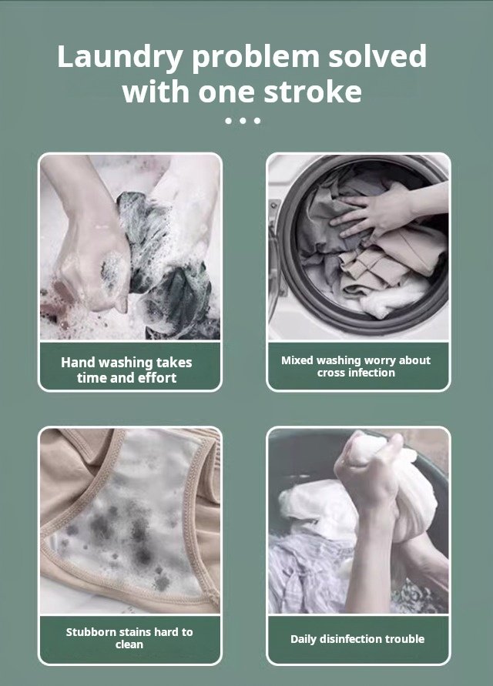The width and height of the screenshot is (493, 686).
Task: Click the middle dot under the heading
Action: pos(242,120)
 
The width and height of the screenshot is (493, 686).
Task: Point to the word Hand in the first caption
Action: pos(79,363)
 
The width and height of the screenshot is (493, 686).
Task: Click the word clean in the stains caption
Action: pos(129,644)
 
